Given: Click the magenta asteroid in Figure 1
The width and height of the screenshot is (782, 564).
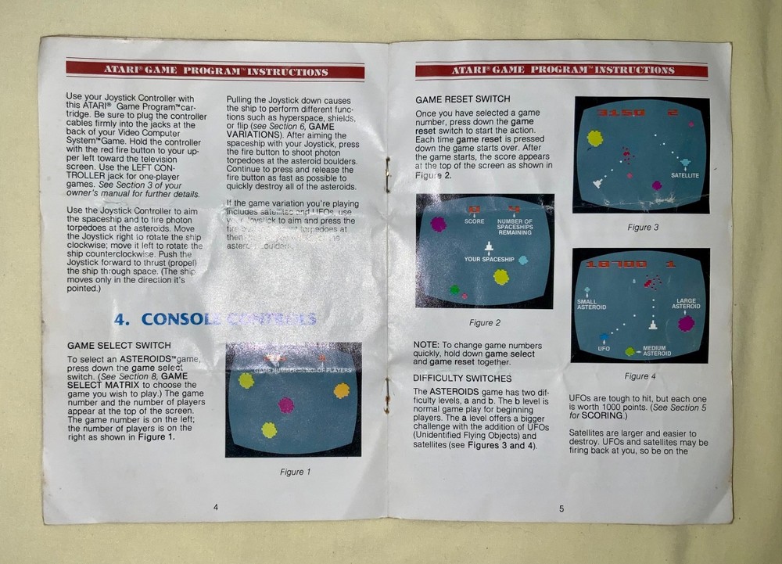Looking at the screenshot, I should (286, 404).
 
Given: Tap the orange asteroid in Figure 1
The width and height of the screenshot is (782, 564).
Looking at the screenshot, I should (342, 390).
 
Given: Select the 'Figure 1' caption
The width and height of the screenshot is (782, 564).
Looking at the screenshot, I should (295, 472).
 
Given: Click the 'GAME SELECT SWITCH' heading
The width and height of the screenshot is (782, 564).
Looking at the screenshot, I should (119, 345).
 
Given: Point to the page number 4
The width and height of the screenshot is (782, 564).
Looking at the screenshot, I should (215, 507).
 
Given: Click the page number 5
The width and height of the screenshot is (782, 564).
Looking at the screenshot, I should (561, 509).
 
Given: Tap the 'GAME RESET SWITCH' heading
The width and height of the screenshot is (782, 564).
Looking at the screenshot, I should (462, 99).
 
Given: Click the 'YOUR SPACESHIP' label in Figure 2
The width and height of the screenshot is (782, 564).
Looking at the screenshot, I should (489, 259).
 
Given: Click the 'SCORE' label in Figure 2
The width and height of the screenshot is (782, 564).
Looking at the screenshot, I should (474, 221).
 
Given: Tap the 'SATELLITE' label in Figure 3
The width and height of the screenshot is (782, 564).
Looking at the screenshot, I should (684, 175).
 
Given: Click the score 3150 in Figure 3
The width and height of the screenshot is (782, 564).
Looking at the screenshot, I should (622, 113).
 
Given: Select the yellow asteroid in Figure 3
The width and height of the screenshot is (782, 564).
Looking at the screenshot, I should (595, 138).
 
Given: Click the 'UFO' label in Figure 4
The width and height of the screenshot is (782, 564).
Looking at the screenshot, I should (604, 348).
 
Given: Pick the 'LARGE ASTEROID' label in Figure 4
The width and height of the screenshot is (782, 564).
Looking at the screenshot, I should (686, 304).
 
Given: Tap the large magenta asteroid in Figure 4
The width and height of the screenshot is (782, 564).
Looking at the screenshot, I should (686, 323).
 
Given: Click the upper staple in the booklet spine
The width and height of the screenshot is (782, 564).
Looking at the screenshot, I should (386, 174).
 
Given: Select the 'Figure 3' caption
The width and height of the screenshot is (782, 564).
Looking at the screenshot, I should (644, 228).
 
